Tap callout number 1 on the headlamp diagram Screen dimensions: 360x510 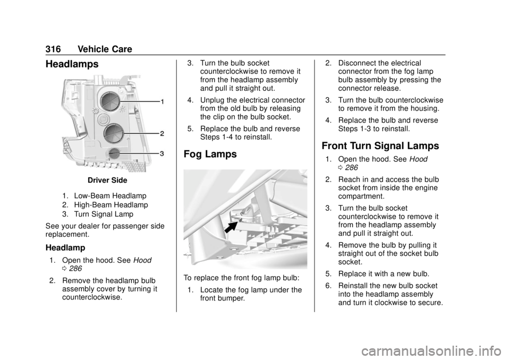(163, 101)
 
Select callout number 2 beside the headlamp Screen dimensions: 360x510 (163, 133)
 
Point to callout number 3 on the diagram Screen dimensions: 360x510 (163, 153)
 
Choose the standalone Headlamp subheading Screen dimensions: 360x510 (65, 248)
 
